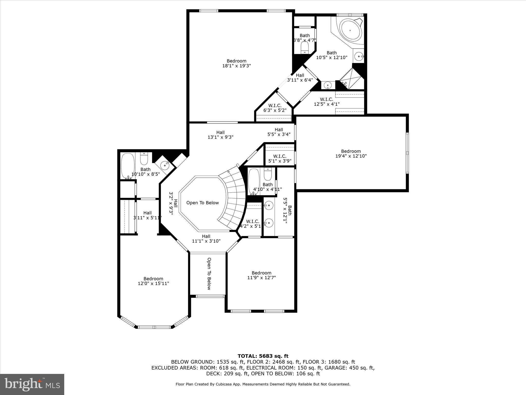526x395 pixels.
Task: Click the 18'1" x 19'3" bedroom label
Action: point(236,63)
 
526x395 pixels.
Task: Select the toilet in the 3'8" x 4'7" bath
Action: point(305,48)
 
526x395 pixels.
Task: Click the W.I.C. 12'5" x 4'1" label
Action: point(326,102)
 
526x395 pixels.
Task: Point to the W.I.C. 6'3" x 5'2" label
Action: point(275,108)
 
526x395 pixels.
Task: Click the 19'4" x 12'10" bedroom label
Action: point(351,154)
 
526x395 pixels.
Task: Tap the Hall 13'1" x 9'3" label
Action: point(220,135)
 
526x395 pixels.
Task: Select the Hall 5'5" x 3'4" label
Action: point(279,132)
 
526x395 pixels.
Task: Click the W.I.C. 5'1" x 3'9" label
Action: point(279,159)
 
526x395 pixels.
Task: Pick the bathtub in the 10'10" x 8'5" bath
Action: point(128,166)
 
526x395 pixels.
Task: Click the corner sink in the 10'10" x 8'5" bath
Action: point(164,166)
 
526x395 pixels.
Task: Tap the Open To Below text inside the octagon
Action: point(202,203)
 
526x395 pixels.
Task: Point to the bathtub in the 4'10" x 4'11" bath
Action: point(254,181)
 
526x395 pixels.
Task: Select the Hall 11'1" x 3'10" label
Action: point(206,239)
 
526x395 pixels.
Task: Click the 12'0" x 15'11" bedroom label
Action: point(153,281)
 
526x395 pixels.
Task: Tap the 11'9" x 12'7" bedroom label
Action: point(261,275)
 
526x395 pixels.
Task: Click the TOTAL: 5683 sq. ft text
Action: point(263,356)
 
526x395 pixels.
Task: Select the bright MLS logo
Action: point(32,384)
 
